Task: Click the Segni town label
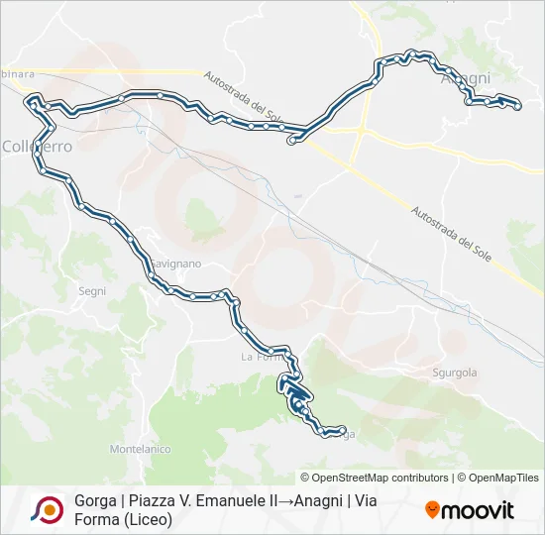[x=91, y=291]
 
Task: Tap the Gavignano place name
[x=176, y=264]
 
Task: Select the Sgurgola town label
[x=455, y=373]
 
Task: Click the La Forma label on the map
[x=260, y=357]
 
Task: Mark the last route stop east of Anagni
[x=517, y=105]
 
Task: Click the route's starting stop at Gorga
[x=341, y=431]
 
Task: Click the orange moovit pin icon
[x=432, y=510]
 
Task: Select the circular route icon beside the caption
[x=47, y=509]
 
